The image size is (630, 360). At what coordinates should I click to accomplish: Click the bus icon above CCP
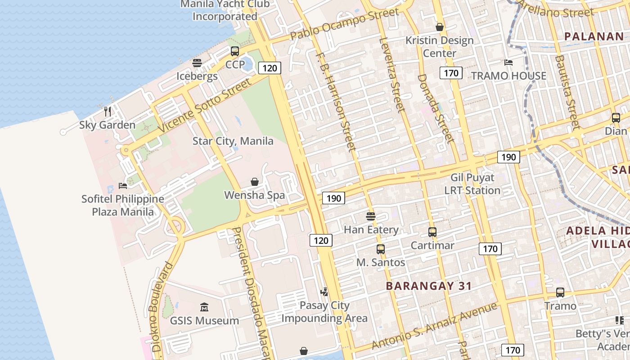pyautogui.click(x=235, y=51)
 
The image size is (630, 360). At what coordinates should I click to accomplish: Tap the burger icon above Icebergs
pyautogui.click(x=197, y=63)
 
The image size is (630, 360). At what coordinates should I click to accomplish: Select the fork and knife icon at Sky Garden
pyautogui.click(x=108, y=111)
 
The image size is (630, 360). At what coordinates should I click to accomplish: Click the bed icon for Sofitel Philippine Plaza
pyautogui.click(x=123, y=185)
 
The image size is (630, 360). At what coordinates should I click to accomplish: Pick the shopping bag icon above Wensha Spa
pyautogui.click(x=255, y=182)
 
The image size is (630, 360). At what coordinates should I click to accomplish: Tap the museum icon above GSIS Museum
pyautogui.click(x=204, y=307)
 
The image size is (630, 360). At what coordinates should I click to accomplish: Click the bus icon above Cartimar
pyautogui.click(x=432, y=232)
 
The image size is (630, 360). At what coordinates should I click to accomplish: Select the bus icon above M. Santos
pyautogui.click(x=381, y=249)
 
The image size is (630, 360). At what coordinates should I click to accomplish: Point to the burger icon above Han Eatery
pyautogui.click(x=371, y=216)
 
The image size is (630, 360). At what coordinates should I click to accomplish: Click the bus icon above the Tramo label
pyautogui.click(x=560, y=292)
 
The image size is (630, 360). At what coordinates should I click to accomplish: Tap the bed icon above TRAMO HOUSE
pyautogui.click(x=508, y=63)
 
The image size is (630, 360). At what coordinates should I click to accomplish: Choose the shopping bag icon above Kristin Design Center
pyautogui.click(x=440, y=27)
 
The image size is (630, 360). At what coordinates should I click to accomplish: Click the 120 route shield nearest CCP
pyautogui.click(x=270, y=68)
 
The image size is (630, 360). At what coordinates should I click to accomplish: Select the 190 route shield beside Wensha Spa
pyautogui.click(x=333, y=198)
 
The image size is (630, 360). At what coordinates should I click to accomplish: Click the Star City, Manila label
pyautogui.click(x=233, y=141)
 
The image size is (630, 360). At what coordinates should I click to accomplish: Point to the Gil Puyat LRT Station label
pyautogui.click(x=472, y=184)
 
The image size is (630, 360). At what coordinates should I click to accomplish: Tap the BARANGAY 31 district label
pyautogui.click(x=429, y=286)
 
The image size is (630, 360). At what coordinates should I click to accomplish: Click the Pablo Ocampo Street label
pyautogui.click(x=344, y=24)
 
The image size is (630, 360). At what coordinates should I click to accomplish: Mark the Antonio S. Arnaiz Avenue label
pyautogui.click(x=434, y=326)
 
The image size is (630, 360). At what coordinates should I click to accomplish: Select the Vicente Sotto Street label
pyautogui.click(x=204, y=107)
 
